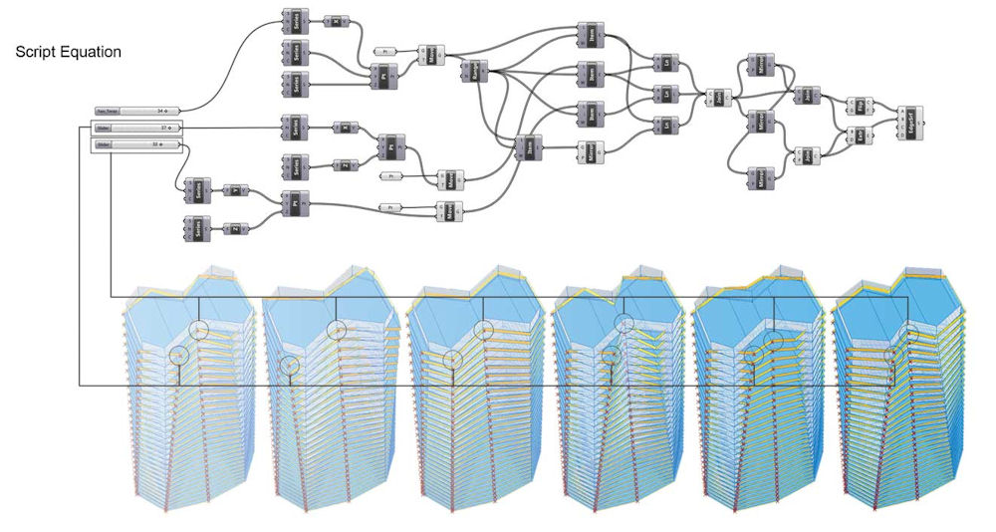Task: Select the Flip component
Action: tap(858, 107)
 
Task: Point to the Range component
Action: tap(469, 71)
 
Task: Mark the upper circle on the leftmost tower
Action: tap(199, 331)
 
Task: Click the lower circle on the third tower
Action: tap(452, 360)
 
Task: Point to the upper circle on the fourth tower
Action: tap(623, 323)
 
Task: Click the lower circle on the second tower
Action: tap(288, 365)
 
